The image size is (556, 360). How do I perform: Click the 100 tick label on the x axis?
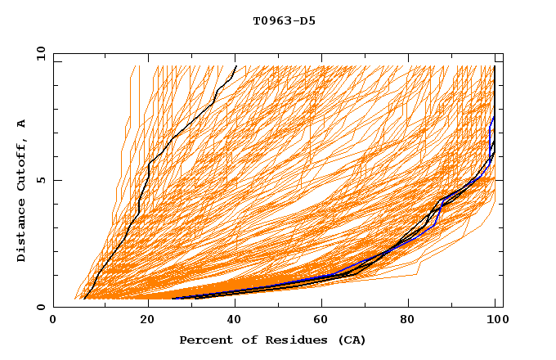click(x=496, y=322)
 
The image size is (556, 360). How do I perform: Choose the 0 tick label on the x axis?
click(x=53, y=322)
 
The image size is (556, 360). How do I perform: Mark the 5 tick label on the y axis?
click(x=41, y=180)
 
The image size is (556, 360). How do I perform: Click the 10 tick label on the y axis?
click(x=38, y=52)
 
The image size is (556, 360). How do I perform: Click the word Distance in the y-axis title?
click(x=22, y=231)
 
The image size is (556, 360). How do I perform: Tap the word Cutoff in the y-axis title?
click(x=22, y=164)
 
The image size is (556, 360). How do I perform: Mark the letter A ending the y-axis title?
click(x=22, y=123)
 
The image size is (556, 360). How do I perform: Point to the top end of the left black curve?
click(x=235, y=66)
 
